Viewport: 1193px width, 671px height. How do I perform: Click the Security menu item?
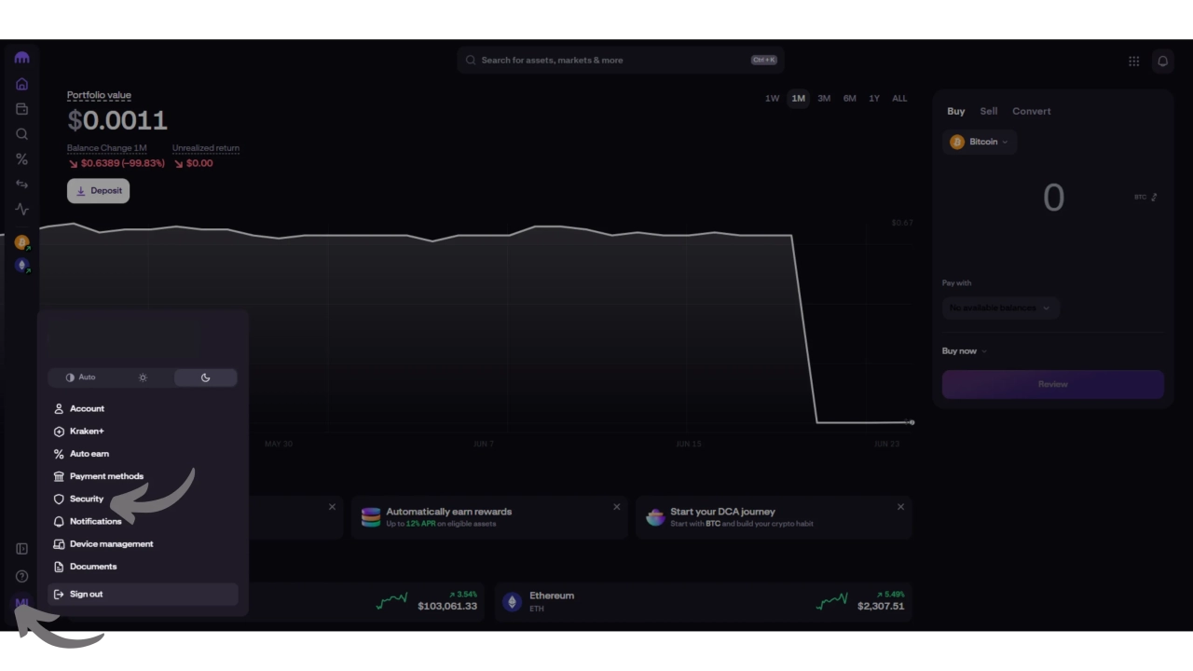click(86, 499)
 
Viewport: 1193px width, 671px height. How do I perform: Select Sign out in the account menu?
click(86, 594)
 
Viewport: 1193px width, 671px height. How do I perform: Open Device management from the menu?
click(111, 544)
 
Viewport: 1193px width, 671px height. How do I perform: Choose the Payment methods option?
click(106, 476)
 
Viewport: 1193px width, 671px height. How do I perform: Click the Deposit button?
click(98, 190)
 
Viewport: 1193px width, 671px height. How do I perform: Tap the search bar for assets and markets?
click(620, 60)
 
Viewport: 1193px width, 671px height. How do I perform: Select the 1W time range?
click(772, 99)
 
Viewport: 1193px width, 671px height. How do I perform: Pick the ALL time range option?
click(899, 99)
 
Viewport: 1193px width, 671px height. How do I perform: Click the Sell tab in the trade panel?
click(988, 111)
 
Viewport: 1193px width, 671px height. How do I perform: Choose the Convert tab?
click(1031, 111)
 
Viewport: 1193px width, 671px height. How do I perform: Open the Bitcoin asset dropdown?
click(980, 142)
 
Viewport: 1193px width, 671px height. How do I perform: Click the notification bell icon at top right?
click(1162, 61)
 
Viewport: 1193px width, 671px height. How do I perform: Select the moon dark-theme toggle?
click(205, 377)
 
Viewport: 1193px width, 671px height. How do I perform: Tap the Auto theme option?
click(80, 377)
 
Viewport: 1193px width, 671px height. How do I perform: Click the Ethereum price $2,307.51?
click(880, 606)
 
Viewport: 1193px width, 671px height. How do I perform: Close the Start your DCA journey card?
click(900, 507)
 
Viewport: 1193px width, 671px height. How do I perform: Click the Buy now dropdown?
click(964, 351)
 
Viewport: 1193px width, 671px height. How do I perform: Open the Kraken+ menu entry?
click(86, 431)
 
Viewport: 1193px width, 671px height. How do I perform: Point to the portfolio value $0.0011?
click(117, 120)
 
